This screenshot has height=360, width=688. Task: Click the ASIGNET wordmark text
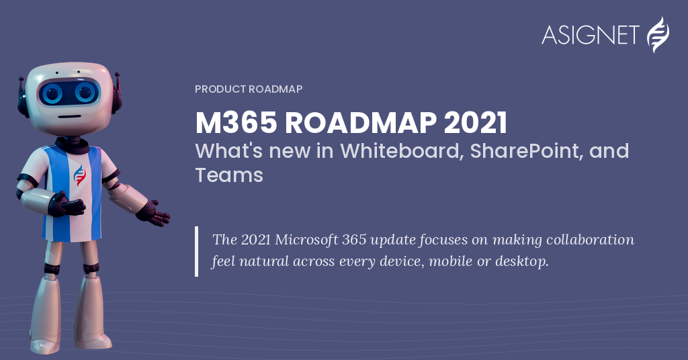click(590, 35)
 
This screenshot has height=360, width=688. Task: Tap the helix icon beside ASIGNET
click(658, 35)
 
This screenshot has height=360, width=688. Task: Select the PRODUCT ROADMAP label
click(249, 89)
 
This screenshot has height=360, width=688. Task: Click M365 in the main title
click(236, 122)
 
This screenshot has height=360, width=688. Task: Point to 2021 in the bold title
click(475, 122)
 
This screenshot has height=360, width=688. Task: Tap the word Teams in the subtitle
click(229, 175)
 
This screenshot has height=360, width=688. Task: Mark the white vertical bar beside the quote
click(197, 251)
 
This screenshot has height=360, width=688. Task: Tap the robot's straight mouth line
click(70, 117)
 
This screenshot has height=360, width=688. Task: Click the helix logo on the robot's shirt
click(79, 175)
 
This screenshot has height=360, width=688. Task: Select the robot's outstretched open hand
click(155, 214)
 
